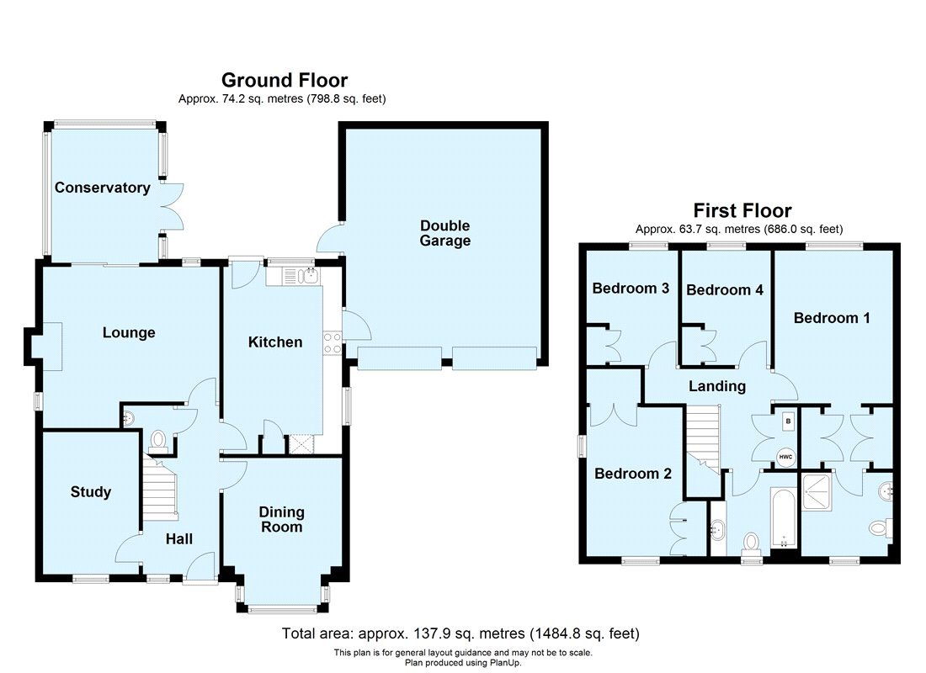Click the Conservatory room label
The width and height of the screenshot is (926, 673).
[102, 188]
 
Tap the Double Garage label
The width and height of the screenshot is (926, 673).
[445, 233]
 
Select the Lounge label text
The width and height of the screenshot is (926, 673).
[129, 332]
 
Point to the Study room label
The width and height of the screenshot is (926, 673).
[90, 491]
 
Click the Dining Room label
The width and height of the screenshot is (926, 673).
[281, 519]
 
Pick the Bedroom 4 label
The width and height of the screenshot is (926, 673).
[724, 290]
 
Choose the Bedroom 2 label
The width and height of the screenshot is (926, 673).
[632, 474]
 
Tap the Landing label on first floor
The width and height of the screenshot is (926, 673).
[717, 386]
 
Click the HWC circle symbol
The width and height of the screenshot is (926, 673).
[785, 457]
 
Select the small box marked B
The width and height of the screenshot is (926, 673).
[788, 420]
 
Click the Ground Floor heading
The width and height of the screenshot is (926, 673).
[284, 80]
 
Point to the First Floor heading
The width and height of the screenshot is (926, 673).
[742, 210]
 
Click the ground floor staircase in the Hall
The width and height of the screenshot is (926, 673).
[160, 492]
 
